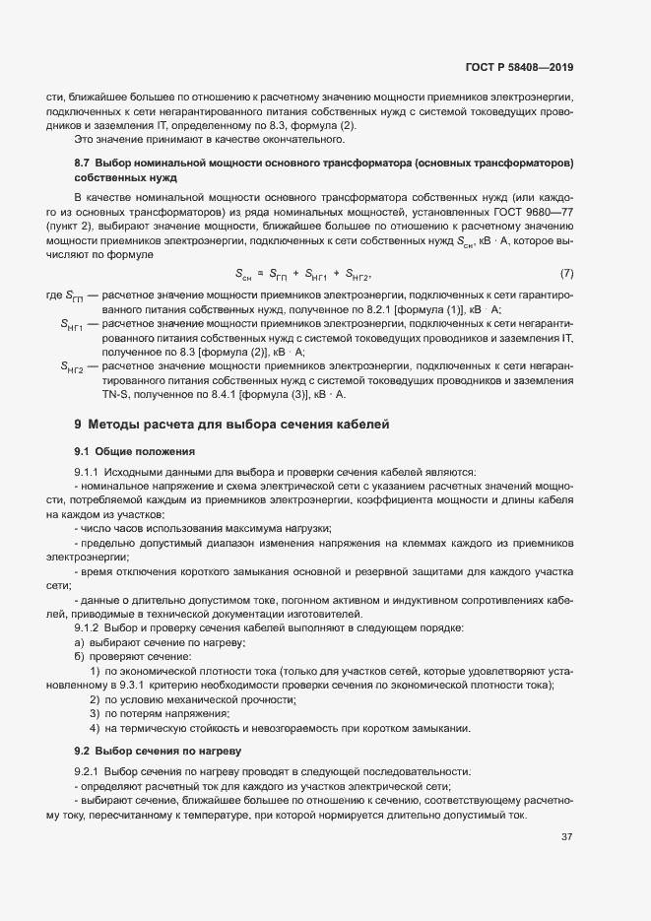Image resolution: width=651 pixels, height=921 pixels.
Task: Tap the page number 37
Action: pyautogui.click(x=566, y=837)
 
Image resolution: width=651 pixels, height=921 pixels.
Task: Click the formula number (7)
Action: pyautogui.click(x=566, y=272)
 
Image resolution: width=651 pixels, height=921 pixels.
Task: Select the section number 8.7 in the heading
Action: pyautogui.click(x=83, y=161)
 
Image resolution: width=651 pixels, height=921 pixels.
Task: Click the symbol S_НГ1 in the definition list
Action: pyautogui.click(x=72, y=323)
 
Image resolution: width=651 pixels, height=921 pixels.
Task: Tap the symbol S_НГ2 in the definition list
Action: pyautogui.click(x=72, y=366)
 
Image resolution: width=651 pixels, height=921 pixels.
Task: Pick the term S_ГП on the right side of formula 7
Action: pyautogui.click(x=281, y=274)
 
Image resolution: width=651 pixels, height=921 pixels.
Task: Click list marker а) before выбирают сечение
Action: pyautogui.click(x=79, y=642)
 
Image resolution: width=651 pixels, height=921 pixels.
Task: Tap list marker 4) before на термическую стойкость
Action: pyautogui.click(x=95, y=728)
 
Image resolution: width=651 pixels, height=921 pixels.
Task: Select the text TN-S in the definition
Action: pyautogui.click(x=115, y=395)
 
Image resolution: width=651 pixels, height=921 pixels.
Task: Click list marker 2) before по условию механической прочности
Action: pyautogui.click(x=95, y=699)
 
